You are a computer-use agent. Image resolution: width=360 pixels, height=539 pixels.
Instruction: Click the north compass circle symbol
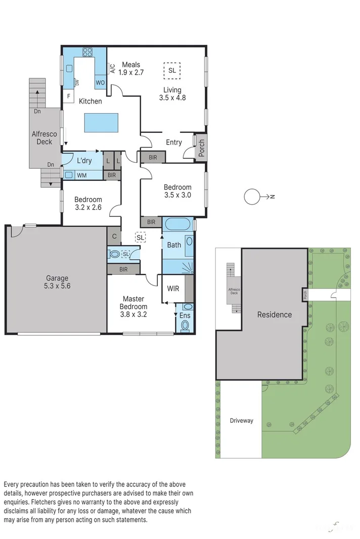(x=252, y=197)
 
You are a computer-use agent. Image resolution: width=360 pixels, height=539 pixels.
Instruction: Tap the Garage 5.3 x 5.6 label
(x=57, y=282)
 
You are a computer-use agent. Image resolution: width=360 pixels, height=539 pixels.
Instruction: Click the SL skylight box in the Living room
(x=172, y=71)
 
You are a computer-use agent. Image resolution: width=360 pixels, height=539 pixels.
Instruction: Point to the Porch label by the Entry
(x=201, y=148)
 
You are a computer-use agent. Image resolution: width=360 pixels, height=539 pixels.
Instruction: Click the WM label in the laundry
(x=81, y=175)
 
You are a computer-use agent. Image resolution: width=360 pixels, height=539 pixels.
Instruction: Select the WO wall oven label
(x=100, y=82)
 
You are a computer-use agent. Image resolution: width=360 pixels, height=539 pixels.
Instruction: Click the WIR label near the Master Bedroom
(x=173, y=289)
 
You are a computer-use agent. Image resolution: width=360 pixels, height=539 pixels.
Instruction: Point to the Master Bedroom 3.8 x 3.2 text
(x=133, y=306)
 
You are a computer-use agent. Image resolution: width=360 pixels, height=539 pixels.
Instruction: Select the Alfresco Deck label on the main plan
(x=41, y=138)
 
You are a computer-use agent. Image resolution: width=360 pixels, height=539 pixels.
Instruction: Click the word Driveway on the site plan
(x=241, y=420)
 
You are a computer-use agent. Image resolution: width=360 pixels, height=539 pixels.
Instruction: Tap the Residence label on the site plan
(x=275, y=315)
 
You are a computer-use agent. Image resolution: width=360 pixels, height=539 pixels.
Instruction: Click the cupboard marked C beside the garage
(x=114, y=236)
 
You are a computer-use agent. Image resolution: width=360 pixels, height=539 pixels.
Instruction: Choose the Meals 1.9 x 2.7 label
(x=131, y=69)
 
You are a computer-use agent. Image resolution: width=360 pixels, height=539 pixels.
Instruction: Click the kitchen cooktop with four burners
(x=87, y=52)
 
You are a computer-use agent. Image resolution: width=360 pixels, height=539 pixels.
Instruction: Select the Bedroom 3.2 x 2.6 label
(x=88, y=203)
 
